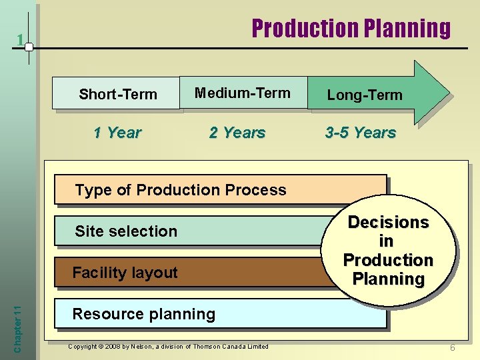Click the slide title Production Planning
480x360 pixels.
point(351,28)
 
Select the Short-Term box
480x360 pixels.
point(117,94)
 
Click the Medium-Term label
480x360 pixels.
point(243,93)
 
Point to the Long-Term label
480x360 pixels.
point(364,95)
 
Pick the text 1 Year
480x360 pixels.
point(117,133)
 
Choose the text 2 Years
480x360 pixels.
point(237,133)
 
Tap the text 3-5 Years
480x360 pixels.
point(361,133)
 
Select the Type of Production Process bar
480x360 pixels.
point(220,190)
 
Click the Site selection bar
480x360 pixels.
point(193,231)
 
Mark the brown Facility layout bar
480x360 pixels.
point(193,273)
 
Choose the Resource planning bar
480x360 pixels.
point(220,314)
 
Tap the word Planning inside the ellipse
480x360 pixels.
point(388,279)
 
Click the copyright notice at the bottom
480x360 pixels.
point(169,346)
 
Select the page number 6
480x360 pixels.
point(452,348)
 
